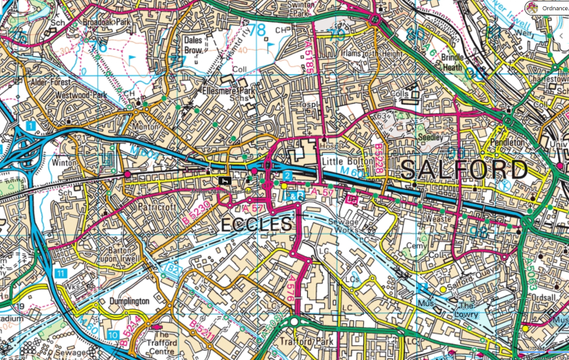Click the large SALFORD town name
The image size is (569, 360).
pyautogui.click(x=464, y=170)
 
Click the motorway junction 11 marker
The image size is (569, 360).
pyautogui.click(x=60, y=274)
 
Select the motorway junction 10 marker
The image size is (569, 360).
pyautogui.click(x=114, y=335)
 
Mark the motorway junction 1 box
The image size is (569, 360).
pyautogui.click(x=30, y=125)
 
